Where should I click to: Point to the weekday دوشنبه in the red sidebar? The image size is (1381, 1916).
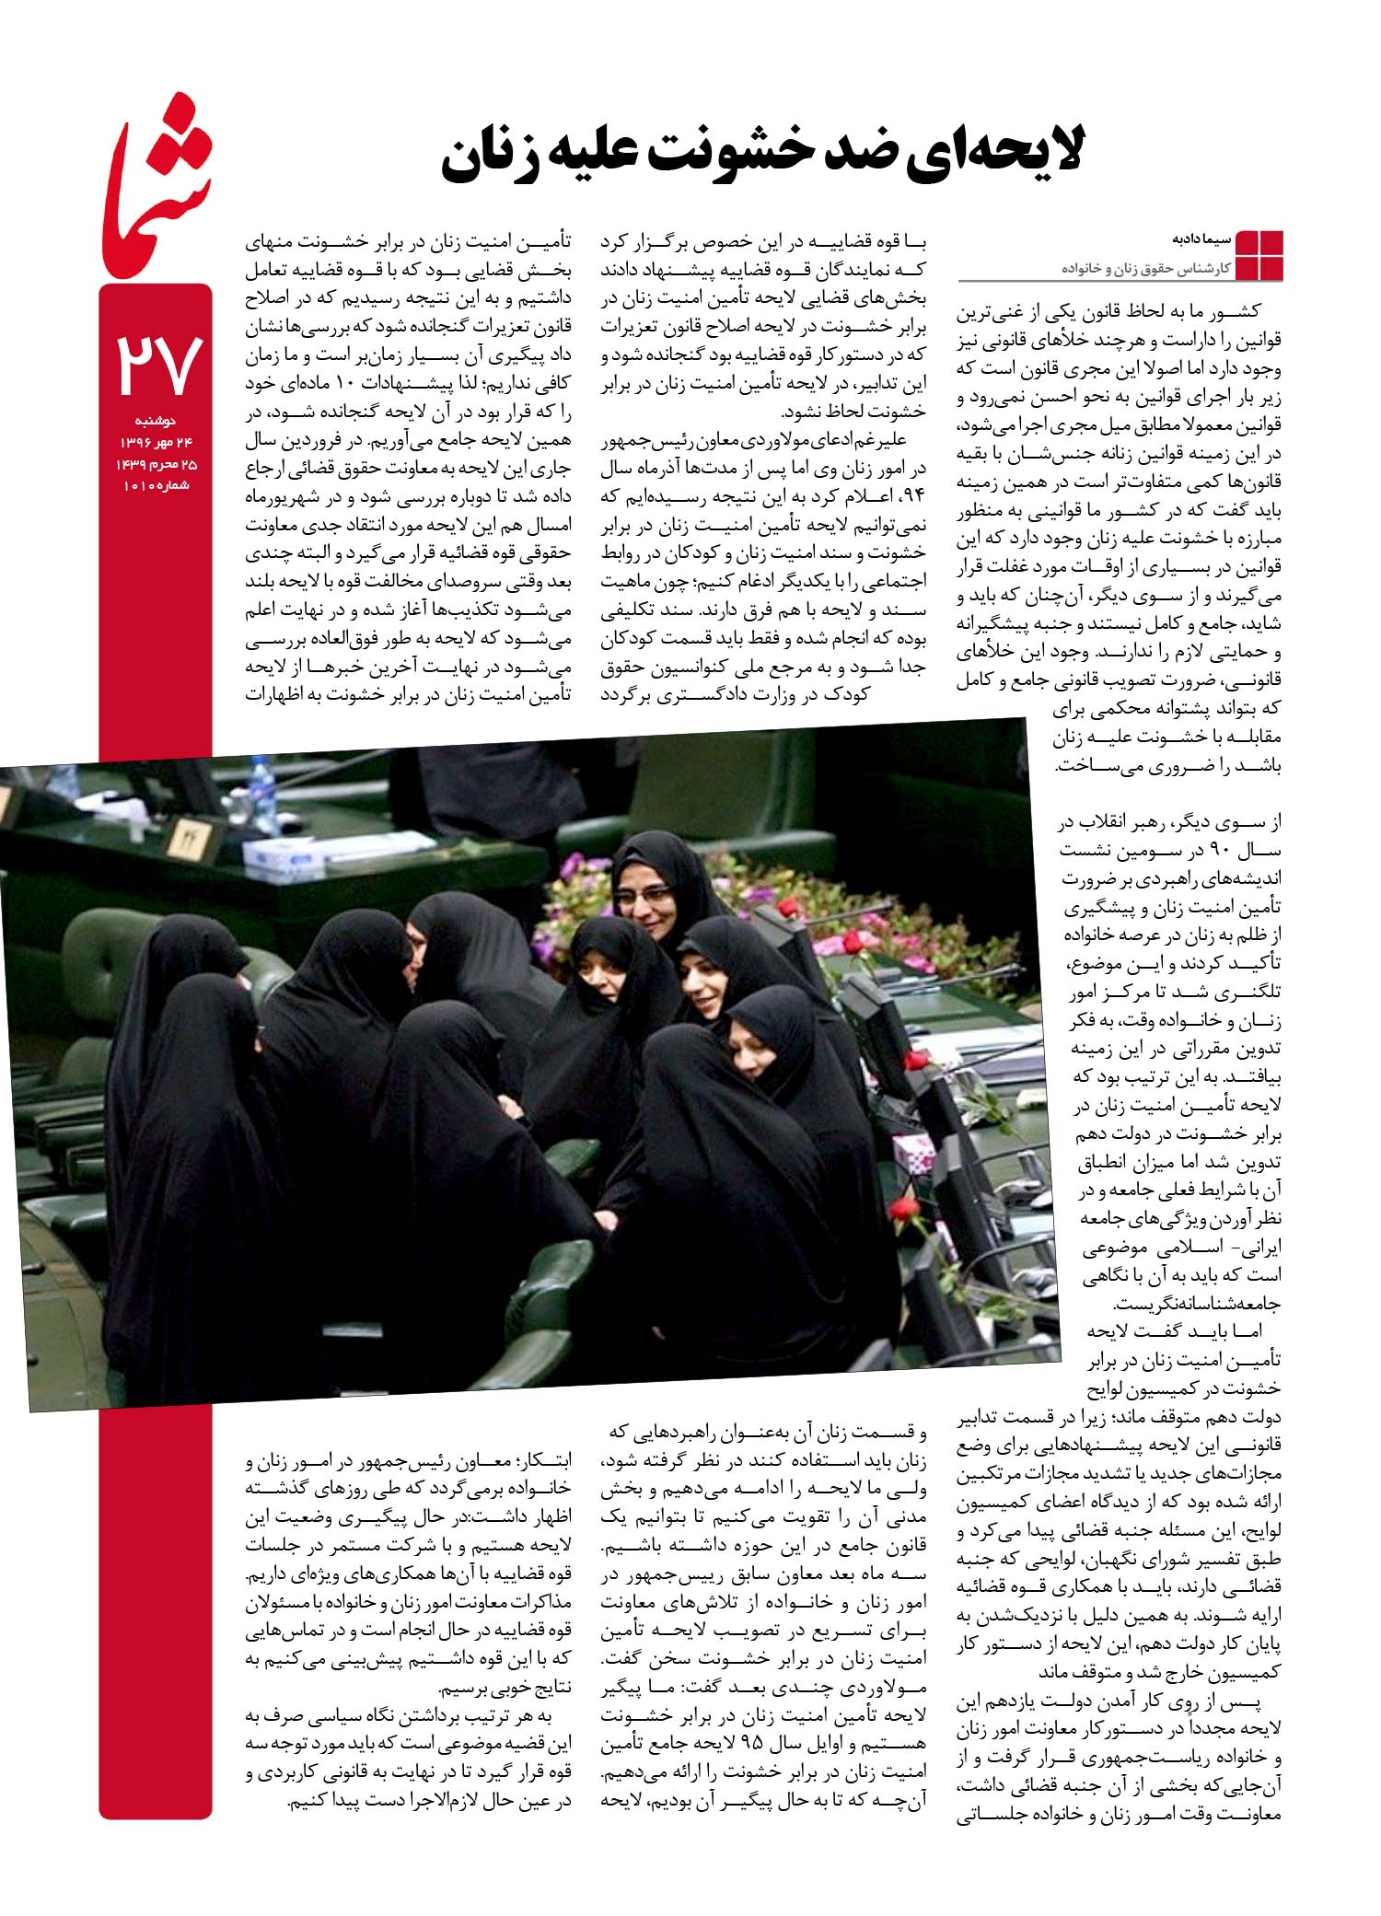point(158,422)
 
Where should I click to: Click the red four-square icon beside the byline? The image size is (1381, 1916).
point(1257,255)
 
